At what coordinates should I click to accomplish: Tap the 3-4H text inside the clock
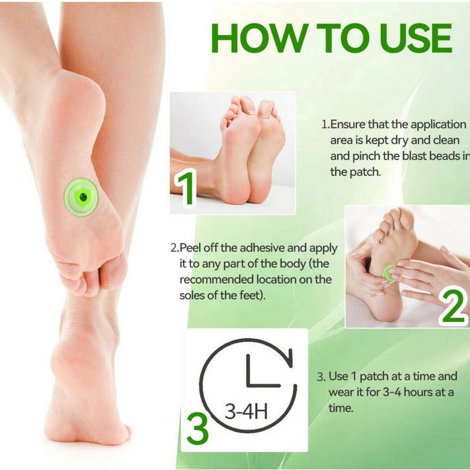(246, 411)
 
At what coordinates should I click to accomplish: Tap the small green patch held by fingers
(389, 274)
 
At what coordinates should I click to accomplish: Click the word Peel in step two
(191, 248)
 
